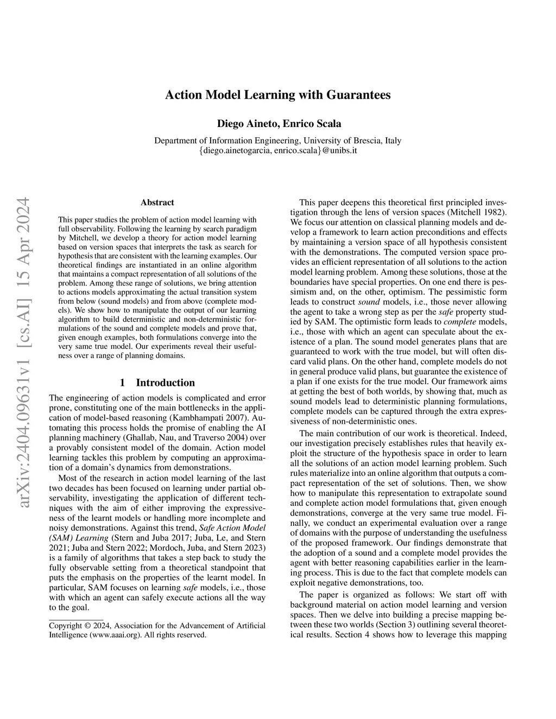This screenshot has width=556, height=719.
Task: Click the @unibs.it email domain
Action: click(339, 150)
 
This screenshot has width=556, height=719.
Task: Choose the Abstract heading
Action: click(157, 202)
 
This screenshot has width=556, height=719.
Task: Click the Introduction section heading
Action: click(165, 383)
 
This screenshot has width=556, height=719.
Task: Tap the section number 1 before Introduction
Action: click(123, 383)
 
